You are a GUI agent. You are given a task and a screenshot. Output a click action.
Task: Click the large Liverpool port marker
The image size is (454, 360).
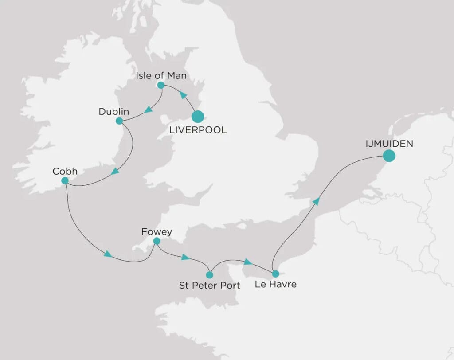pyautogui.click(x=197, y=117)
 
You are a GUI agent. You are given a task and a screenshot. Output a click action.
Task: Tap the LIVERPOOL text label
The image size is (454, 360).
pyautogui.click(x=198, y=130)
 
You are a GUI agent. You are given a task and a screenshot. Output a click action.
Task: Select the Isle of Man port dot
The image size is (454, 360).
pyautogui.click(x=161, y=85)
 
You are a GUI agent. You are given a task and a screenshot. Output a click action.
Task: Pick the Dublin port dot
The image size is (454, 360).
pyautogui.click(x=119, y=121)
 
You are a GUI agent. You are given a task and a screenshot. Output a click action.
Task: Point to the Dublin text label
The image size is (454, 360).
pyautogui.click(x=114, y=112)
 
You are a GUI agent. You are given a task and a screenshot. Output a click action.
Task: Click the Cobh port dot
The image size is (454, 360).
pyautogui.click(x=65, y=180)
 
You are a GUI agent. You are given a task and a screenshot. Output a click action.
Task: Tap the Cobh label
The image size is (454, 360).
pyautogui.click(x=64, y=171)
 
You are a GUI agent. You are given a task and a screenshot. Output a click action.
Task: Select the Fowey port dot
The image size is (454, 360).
pyautogui.click(x=156, y=241)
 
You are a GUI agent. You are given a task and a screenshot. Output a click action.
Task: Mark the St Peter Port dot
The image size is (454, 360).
pyautogui.click(x=210, y=275)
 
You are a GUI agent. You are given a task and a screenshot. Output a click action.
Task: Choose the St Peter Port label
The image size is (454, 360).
pyautogui.click(x=209, y=285)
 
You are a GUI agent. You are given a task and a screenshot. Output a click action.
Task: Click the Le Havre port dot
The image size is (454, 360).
pyautogui.click(x=275, y=274)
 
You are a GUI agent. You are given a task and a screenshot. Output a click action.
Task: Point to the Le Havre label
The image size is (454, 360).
pyautogui.click(x=275, y=284)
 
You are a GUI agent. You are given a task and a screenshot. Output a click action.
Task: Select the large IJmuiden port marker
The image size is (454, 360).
pyautogui.click(x=389, y=156)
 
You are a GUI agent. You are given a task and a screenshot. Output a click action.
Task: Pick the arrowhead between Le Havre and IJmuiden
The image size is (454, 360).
pyautogui.click(x=316, y=202)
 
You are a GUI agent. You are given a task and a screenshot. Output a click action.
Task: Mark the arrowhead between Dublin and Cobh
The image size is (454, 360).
pyautogui.click(x=115, y=171)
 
